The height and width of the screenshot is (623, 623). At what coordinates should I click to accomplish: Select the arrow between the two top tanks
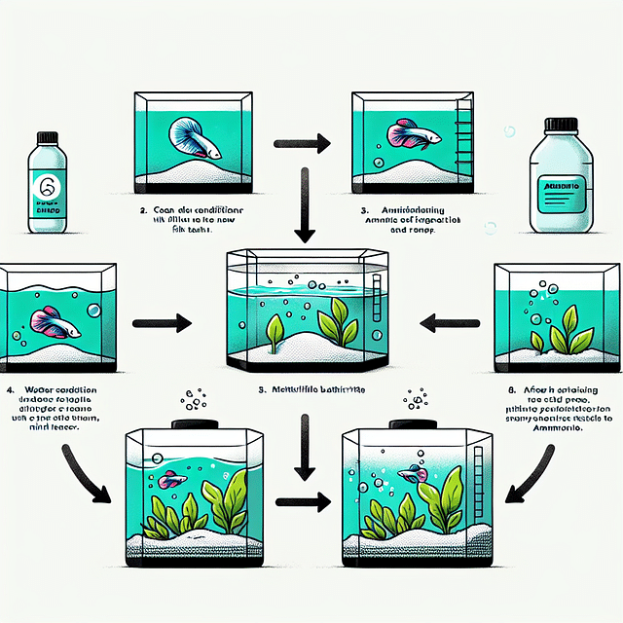[x=298, y=144]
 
